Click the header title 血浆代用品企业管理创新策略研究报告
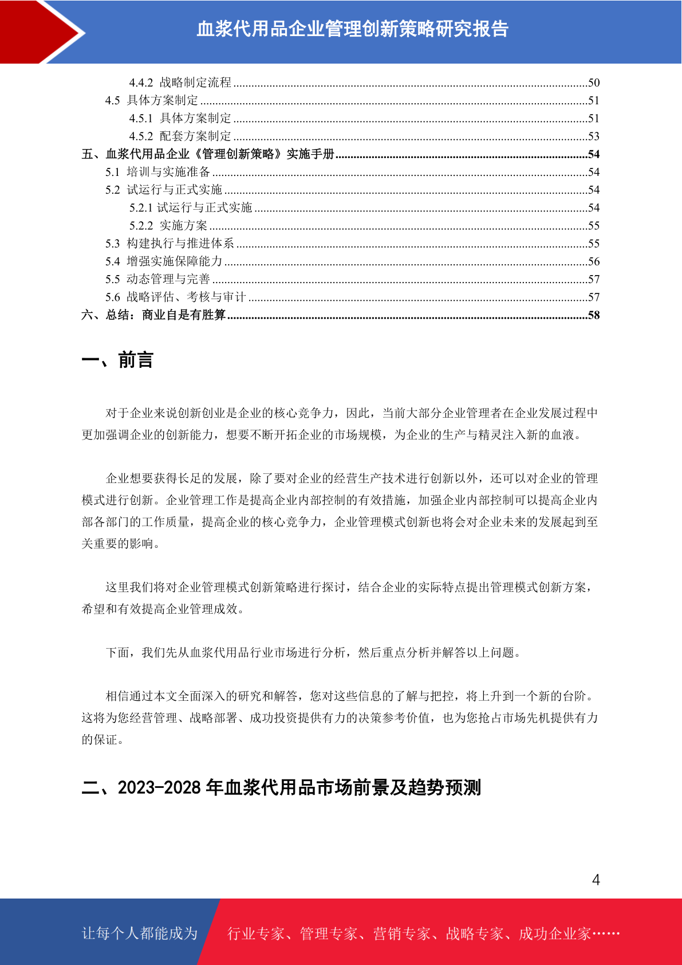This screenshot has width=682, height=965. tap(352, 29)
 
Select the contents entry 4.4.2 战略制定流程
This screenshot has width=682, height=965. tap(180, 83)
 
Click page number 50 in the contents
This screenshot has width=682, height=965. tap(593, 83)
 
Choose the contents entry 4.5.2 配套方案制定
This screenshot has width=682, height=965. tap(180, 136)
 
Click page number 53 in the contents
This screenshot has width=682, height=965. tap(593, 136)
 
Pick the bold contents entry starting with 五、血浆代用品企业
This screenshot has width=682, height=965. tap(208, 154)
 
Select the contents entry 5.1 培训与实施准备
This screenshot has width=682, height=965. tap(157, 172)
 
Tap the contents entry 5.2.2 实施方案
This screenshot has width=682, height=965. tap(168, 226)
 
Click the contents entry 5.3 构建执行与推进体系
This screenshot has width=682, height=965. tap(169, 244)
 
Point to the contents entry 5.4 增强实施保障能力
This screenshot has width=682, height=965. tap(164, 261)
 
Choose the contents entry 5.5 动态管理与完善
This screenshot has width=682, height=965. tap(157, 279)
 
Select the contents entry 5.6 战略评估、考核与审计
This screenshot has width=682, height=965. tap(175, 297)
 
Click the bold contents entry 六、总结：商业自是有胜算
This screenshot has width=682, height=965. tap(153, 315)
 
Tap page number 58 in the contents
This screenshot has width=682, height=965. tap(593, 315)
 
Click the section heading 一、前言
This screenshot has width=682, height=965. tap(117, 360)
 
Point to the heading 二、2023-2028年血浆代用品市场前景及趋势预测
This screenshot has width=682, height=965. tap(281, 788)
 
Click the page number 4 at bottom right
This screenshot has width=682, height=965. tap(596, 880)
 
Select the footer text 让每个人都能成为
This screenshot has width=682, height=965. tap(140, 933)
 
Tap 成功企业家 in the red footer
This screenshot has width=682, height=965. tap(554, 934)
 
